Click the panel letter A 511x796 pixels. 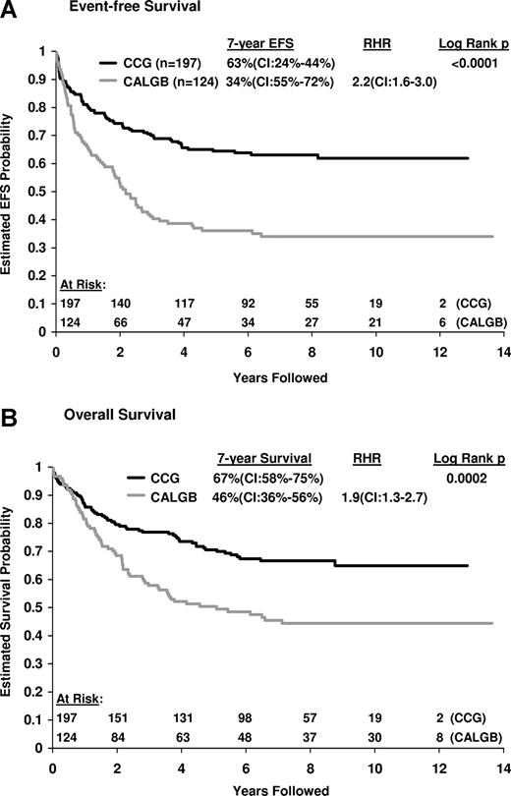11,9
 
